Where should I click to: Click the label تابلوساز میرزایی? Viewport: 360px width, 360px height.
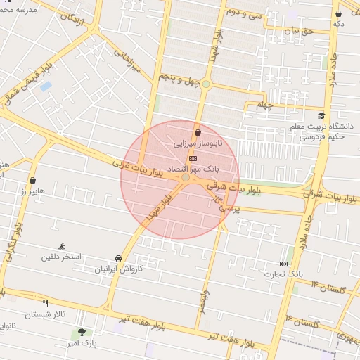click(198, 143)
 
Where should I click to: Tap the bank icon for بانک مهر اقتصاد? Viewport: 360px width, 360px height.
click(193, 158)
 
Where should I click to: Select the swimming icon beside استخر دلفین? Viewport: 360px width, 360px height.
click(63, 246)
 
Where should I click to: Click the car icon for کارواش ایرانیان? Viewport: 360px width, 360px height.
click(118, 258)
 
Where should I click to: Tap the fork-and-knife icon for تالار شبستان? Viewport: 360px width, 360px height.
click(46, 304)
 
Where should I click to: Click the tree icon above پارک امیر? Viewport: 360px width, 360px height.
click(84, 332)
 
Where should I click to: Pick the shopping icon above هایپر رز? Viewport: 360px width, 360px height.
click(32, 180)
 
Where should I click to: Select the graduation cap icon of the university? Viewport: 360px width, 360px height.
click(321, 116)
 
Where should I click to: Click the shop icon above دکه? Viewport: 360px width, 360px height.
click(339, 13)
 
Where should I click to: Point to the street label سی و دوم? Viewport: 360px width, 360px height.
click(244, 13)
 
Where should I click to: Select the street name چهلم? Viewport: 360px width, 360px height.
click(263, 105)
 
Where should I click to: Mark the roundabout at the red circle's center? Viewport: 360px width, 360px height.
click(185, 179)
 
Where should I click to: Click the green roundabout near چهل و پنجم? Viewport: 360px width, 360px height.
click(206, 84)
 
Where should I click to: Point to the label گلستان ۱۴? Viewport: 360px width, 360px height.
click(325, 288)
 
